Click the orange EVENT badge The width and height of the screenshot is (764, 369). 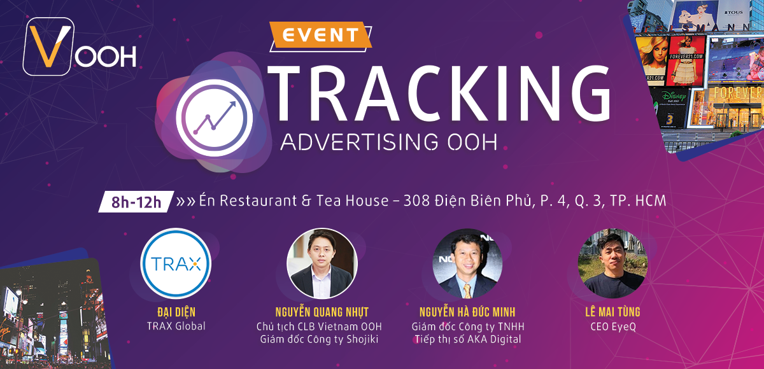point(320,34)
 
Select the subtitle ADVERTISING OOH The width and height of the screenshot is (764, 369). point(389,142)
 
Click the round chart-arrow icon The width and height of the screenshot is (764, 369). point(214,118)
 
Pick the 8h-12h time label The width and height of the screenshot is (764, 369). point(136,202)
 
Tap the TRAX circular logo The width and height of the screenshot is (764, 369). point(176,263)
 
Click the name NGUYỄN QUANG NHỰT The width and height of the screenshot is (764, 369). point(322,312)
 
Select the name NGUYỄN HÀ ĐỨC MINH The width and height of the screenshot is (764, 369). point(467,312)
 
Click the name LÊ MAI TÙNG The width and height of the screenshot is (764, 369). point(613,312)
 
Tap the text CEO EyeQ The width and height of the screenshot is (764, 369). point(613,327)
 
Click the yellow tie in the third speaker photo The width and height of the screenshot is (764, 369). point(467,290)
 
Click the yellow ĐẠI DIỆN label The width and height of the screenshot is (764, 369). point(176,312)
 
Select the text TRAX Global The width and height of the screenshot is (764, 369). point(176,326)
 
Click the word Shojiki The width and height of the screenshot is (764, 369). point(362,340)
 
